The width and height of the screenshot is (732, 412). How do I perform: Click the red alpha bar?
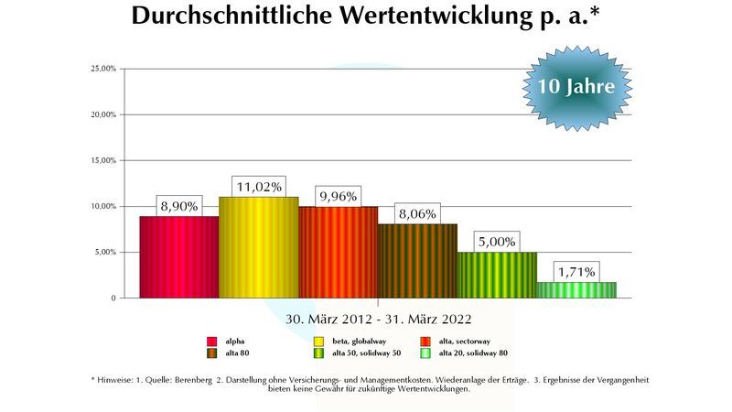point(178,257)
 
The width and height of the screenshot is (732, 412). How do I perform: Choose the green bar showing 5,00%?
point(497,275)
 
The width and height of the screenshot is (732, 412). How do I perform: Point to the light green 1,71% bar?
point(576,289)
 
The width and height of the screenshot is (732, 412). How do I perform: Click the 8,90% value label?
point(178,206)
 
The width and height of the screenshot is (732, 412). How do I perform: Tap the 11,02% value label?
point(258,186)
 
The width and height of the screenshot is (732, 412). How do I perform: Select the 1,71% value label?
point(576,272)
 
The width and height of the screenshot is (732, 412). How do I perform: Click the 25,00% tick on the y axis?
point(102,69)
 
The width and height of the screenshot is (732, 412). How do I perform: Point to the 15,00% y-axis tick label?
point(102,160)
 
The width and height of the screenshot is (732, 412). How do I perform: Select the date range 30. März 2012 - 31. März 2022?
point(378,320)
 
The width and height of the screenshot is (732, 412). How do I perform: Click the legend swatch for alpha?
point(211,341)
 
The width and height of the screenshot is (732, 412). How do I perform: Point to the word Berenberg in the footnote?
point(188,379)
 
